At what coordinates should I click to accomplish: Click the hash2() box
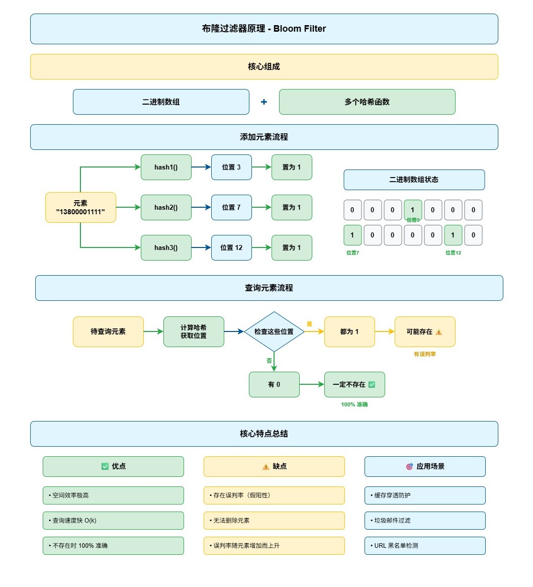tap(166, 207)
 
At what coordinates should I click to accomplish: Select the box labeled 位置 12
tap(231, 247)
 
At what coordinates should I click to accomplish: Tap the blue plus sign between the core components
tap(264, 102)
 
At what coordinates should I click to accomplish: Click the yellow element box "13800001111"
tap(80, 207)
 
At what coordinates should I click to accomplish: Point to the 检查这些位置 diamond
tap(274, 331)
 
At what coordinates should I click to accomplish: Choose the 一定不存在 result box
tap(354, 384)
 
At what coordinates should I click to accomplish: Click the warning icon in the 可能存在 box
tap(439, 332)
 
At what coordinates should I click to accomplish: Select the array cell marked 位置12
tap(453, 235)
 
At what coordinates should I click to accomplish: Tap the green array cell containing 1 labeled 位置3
tap(413, 210)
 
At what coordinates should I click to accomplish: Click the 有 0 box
tap(274, 384)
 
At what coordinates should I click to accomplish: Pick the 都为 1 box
tap(349, 331)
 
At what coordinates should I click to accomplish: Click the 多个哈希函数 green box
tap(367, 102)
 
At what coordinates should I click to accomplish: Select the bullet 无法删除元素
tap(274, 521)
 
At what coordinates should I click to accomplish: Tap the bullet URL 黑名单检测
tap(425, 545)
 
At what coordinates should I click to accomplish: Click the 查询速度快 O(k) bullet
tap(113, 521)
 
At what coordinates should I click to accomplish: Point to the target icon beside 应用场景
tap(409, 466)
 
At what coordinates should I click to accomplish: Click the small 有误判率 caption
tap(425, 354)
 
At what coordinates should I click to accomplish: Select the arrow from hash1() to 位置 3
tap(201, 167)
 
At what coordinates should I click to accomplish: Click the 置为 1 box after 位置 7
tap(292, 207)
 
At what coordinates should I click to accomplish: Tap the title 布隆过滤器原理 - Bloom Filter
tap(264, 29)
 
